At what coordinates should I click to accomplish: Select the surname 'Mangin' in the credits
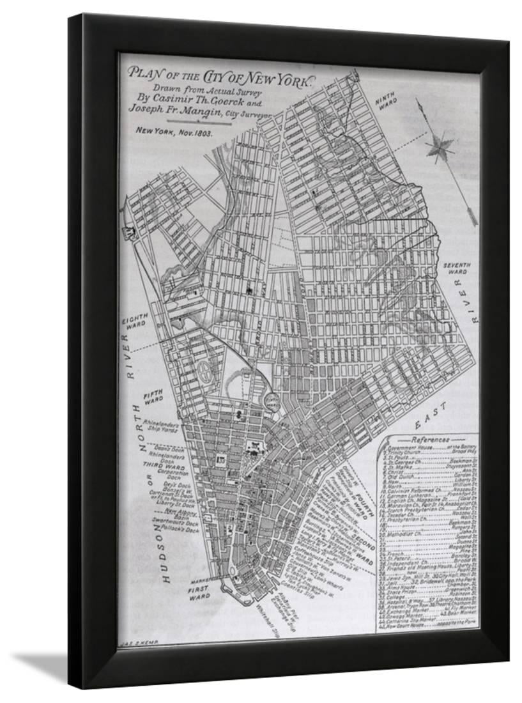[208, 109]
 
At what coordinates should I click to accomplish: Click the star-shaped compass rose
[440, 145]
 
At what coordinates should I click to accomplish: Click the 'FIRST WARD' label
[199, 594]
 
